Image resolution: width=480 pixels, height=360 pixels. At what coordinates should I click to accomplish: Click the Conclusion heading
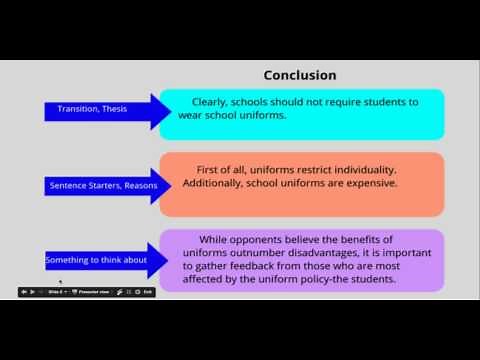(x=299, y=75)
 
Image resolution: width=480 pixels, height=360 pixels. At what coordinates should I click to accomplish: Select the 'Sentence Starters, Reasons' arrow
(x=100, y=185)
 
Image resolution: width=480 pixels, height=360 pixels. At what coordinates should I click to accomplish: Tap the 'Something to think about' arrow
(x=95, y=260)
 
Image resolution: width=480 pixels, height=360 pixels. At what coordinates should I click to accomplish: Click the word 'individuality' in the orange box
(x=358, y=169)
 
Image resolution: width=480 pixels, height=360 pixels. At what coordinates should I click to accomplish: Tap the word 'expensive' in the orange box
(x=341, y=184)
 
